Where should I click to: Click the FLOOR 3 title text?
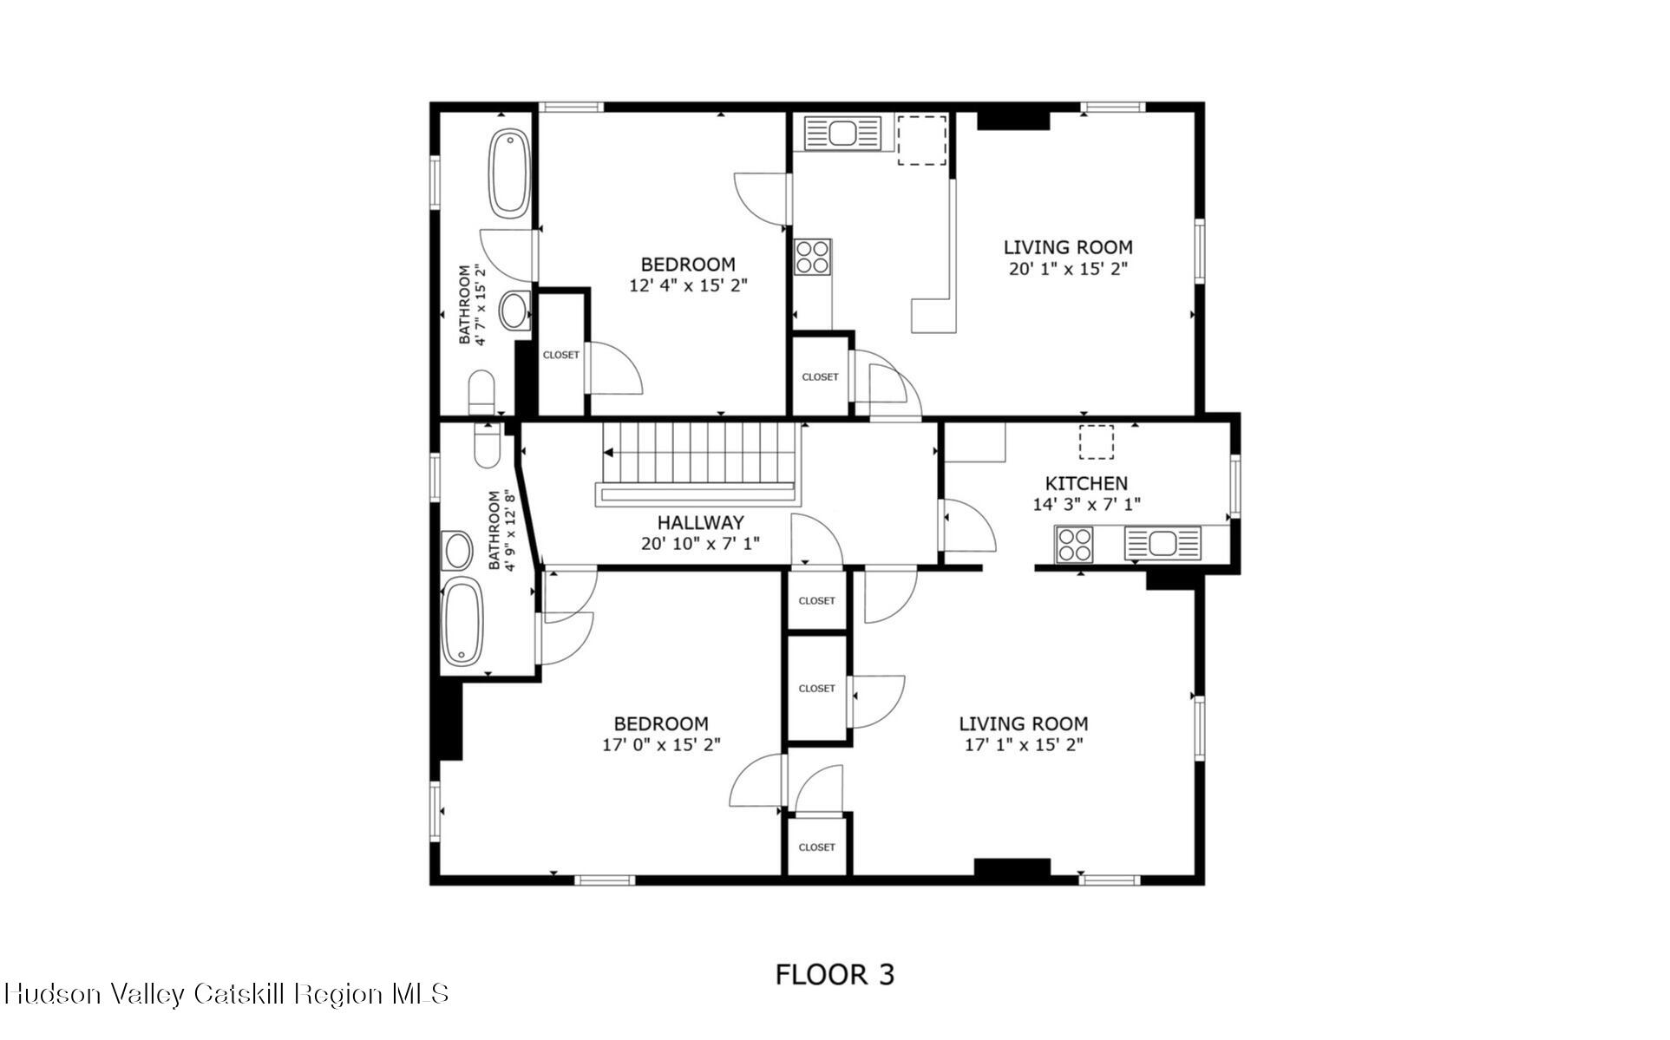click(x=834, y=974)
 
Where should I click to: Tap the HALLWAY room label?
click(x=700, y=522)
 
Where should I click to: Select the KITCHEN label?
click(x=1085, y=483)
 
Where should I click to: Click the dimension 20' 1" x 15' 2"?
click(x=1067, y=269)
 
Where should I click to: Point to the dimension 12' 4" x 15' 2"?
click(x=688, y=285)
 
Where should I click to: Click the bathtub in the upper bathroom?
click(x=508, y=173)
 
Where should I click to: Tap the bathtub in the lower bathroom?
click(x=462, y=622)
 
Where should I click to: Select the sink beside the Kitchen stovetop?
click(x=1162, y=544)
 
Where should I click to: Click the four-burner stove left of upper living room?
click(x=813, y=257)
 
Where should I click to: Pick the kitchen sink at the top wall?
click(x=842, y=134)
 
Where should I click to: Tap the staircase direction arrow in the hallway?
click(x=609, y=453)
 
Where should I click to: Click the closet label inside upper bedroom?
click(x=560, y=355)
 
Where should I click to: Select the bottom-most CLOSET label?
click(x=816, y=847)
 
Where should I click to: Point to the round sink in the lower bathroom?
click(x=457, y=551)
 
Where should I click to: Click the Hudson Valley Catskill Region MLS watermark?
click(x=226, y=994)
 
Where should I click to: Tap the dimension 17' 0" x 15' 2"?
click(x=661, y=744)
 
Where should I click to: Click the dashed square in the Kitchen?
click(x=1096, y=442)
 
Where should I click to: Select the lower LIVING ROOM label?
click(x=1023, y=723)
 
